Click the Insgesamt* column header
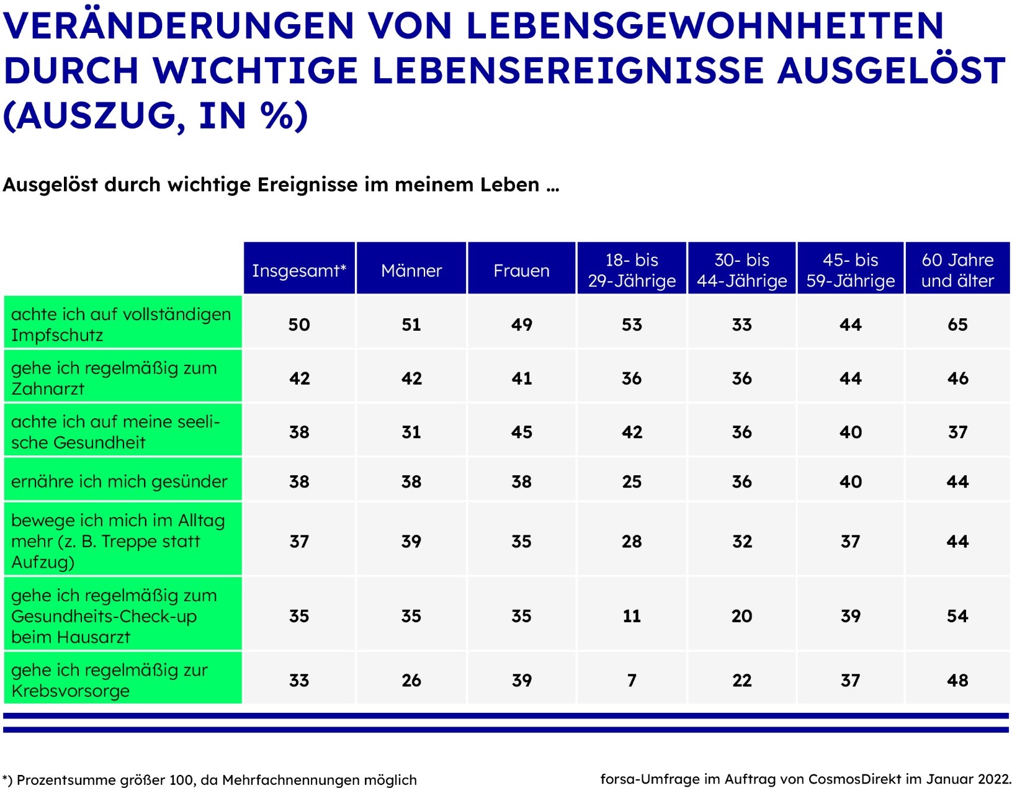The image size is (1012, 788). point(298,270)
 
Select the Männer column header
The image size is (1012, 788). point(411,270)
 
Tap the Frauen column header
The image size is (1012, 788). point(521,270)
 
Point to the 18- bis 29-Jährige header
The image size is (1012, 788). point(632,270)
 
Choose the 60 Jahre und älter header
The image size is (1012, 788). point(957,270)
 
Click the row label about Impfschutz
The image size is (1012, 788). point(120,324)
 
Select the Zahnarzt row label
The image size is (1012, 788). point(114,378)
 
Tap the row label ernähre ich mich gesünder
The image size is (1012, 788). point(119,481)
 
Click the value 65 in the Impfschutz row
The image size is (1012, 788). point(957,324)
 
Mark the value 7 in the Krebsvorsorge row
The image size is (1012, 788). point(632,680)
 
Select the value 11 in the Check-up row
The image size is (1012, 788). point(632,616)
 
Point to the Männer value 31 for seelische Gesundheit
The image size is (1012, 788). point(411,432)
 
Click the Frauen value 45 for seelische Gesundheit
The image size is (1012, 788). point(521,432)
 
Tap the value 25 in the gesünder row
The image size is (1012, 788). point(632,481)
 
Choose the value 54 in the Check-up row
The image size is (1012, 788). point(957,616)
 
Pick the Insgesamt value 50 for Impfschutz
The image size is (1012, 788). point(298,324)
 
